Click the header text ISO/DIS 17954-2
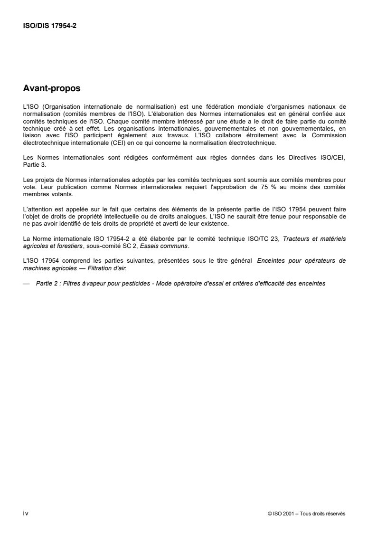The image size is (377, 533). (x=50, y=27)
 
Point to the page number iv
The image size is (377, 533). (x=26, y=514)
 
